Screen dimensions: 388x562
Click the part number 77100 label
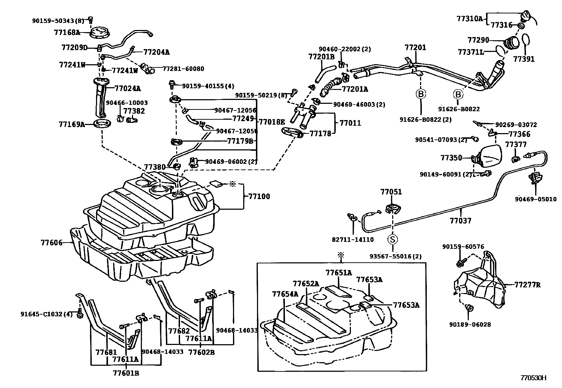[x=259, y=197]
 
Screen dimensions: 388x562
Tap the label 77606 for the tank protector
[x=52, y=243]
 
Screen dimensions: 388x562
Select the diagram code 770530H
[x=533, y=378]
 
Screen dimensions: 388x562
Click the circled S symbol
[x=392, y=239]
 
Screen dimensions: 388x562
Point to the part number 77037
[x=460, y=221]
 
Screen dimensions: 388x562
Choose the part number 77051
[x=391, y=192]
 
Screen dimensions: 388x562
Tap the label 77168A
[x=67, y=32]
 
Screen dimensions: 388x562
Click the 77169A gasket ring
[x=102, y=124]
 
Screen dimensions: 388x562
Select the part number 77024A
[x=127, y=88]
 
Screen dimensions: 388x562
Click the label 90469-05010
[x=535, y=199]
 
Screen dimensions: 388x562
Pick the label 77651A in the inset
[x=339, y=273]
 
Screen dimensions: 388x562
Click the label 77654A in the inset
[x=285, y=294]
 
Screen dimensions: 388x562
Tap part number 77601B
[x=126, y=373]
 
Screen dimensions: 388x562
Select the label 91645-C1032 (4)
[x=46, y=314]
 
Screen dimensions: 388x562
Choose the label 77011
[x=350, y=123]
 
